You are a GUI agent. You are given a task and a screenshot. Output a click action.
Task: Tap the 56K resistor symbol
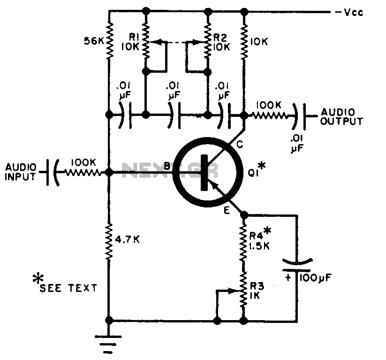[x=109, y=41]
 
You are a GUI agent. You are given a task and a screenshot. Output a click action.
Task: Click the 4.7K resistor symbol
[x=109, y=241]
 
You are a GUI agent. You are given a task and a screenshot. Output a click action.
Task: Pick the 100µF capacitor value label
[x=316, y=278]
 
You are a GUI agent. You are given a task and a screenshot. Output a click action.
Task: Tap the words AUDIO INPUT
[x=21, y=172]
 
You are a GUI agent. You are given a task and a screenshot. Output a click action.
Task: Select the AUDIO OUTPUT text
[x=341, y=116]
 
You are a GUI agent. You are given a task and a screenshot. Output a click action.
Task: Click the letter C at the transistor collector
[x=239, y=145]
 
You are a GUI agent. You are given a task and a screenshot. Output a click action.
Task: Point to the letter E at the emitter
[x=227, y=210]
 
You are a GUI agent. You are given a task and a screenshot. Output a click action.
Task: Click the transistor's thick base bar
[x=204, y=172]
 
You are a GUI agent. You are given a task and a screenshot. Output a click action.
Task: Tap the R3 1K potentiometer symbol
[x=243, y=290]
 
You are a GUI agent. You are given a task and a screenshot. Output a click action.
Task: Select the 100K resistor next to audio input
[x=83, y=172]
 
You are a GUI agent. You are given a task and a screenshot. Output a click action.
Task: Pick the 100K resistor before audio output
[x=269, y=115]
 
